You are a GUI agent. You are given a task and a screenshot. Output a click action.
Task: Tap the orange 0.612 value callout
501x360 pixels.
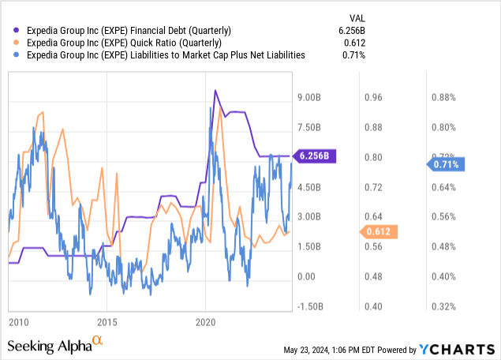379,231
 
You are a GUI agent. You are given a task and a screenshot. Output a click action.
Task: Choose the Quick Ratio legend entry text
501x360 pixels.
125,42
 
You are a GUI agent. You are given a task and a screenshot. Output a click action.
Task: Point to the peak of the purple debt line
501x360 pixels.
215,91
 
